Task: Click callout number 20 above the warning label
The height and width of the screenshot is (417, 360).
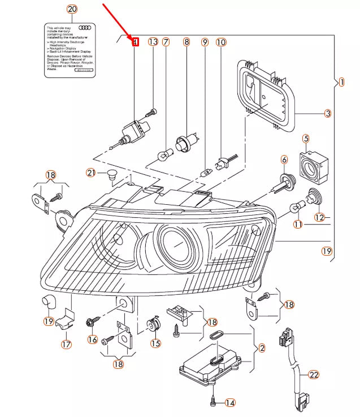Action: [72, 9]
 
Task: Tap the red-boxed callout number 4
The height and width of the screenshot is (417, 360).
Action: [135, 42]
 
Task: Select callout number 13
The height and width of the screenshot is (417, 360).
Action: [153, 42]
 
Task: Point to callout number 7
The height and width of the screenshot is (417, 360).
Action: [166, 42]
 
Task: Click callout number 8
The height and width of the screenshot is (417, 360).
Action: [186, 42]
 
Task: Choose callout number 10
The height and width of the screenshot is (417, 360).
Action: [221, 42]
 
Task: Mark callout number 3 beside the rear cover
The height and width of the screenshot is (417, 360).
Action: [328, 114]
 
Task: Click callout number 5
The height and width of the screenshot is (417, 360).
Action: [305, 138]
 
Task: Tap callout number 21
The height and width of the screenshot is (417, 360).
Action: [91, 173]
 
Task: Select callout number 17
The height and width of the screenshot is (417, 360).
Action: [66, 343]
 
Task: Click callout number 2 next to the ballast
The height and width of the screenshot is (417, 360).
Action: [262, 349]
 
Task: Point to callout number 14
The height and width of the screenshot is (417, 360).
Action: [229, 403]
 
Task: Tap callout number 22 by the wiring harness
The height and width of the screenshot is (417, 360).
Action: [314, 375]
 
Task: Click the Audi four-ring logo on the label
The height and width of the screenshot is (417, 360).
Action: [85, 27]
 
